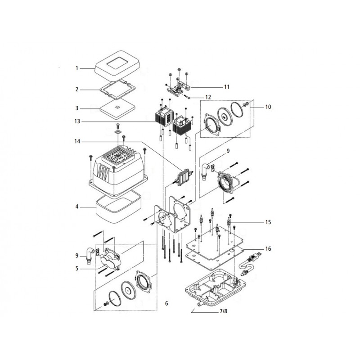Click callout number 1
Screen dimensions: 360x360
(x=77, y=68)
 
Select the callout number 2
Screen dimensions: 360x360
(x=77, y=90)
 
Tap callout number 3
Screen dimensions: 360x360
(x=77, y=108)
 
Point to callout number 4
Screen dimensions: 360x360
(x=77, y=207)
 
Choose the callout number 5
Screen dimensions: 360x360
(x=77, y=269)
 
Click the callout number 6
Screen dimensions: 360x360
(x=166, y=304)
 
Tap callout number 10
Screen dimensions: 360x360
(x=268, y=107)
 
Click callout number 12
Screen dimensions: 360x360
(x=207, y=97)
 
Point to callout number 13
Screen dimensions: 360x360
(x=77, y=121)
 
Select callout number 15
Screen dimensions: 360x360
(x=268, y=222)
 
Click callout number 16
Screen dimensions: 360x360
(x=268, y=248)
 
